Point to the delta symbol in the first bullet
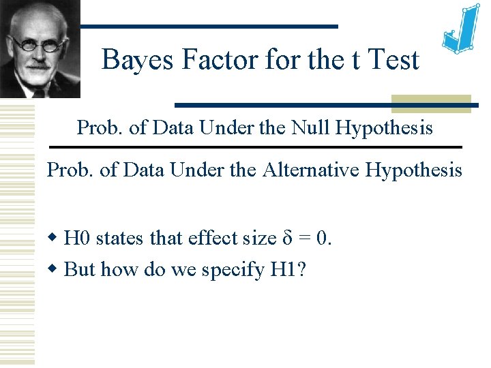pyautogui.click(x=287, y=239)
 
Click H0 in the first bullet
pyautogui.click(x=76, y=239)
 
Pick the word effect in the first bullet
pyautogui.click(x=207, y=239)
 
